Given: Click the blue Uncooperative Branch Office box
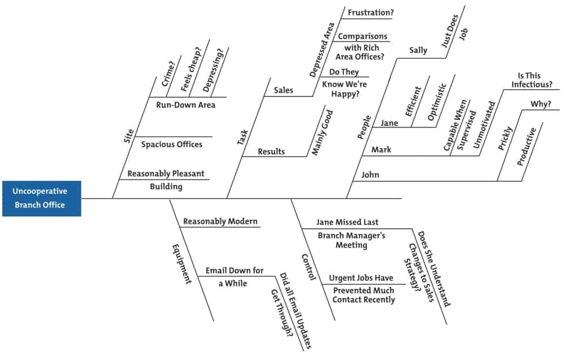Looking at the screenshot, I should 41,198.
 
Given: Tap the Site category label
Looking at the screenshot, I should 129,136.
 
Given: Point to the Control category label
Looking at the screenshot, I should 308,267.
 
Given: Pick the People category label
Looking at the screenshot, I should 364,127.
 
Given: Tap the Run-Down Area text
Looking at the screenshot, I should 186,105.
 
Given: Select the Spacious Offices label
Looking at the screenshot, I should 172,144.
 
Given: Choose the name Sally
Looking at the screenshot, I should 418,50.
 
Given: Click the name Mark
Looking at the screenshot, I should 381,150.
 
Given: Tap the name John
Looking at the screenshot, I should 371,175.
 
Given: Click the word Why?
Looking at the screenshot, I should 541,105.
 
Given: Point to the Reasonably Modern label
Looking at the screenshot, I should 220,222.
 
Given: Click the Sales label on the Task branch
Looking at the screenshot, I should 284,90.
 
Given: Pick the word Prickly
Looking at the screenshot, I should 506,138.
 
